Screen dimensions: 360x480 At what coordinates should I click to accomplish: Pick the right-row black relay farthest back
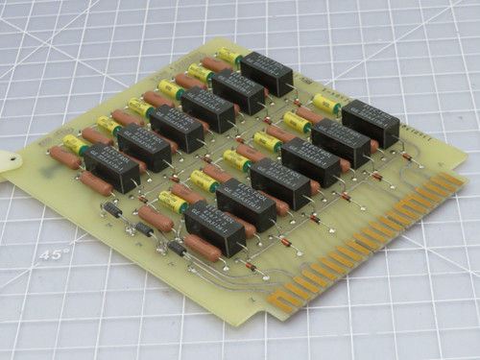tap(370, 122)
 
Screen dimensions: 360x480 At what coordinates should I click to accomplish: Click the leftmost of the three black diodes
tap(111, 208)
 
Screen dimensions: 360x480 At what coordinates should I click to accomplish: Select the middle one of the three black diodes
tap(144, 229)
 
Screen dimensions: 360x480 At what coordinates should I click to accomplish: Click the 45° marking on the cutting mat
tap(56, 255)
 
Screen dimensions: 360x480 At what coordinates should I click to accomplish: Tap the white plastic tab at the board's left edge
tap(9, 165)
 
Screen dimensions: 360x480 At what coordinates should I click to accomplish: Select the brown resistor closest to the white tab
tap(63, 157)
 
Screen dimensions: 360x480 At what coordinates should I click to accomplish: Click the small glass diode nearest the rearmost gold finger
tap(406, 156)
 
